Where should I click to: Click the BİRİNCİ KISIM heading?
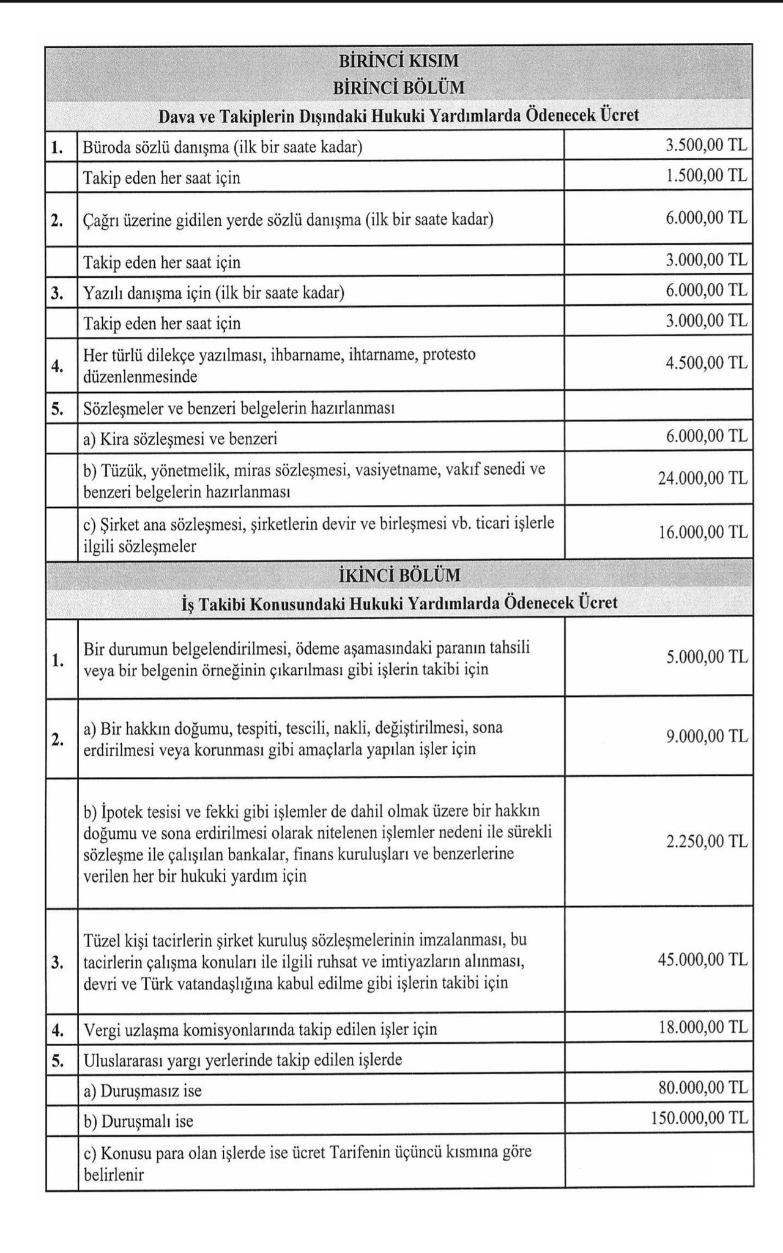(x=398, y=61)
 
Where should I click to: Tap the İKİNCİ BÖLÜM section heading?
(x=398, y=576)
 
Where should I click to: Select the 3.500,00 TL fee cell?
(x=706, y=146)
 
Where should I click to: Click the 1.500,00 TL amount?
(x=706, y=176)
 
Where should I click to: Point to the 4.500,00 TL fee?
(x=706, y=363)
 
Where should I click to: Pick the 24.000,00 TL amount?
(x=702, y=478)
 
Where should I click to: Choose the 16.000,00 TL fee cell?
(x=702, y=532)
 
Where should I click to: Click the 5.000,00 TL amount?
(x=707, y=656)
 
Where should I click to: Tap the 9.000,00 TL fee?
(x=707, y=736)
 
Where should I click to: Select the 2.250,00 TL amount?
(x=707, y=841)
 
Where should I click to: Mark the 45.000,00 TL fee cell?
(x=702, y=959)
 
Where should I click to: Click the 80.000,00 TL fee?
(x=702, y=1087)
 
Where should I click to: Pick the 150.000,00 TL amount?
(x=699, y=1118)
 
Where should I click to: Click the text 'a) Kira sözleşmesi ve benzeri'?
(x=180, y=439)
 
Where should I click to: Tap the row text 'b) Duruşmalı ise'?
(x=138, y=1121)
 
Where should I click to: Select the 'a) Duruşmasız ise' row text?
(x=143, y=1090)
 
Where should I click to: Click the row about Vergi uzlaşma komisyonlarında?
(x=260, y=1029)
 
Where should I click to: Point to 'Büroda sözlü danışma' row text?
(x=220, y=147)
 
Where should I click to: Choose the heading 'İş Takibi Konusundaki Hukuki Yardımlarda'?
(x=399, y=603)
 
